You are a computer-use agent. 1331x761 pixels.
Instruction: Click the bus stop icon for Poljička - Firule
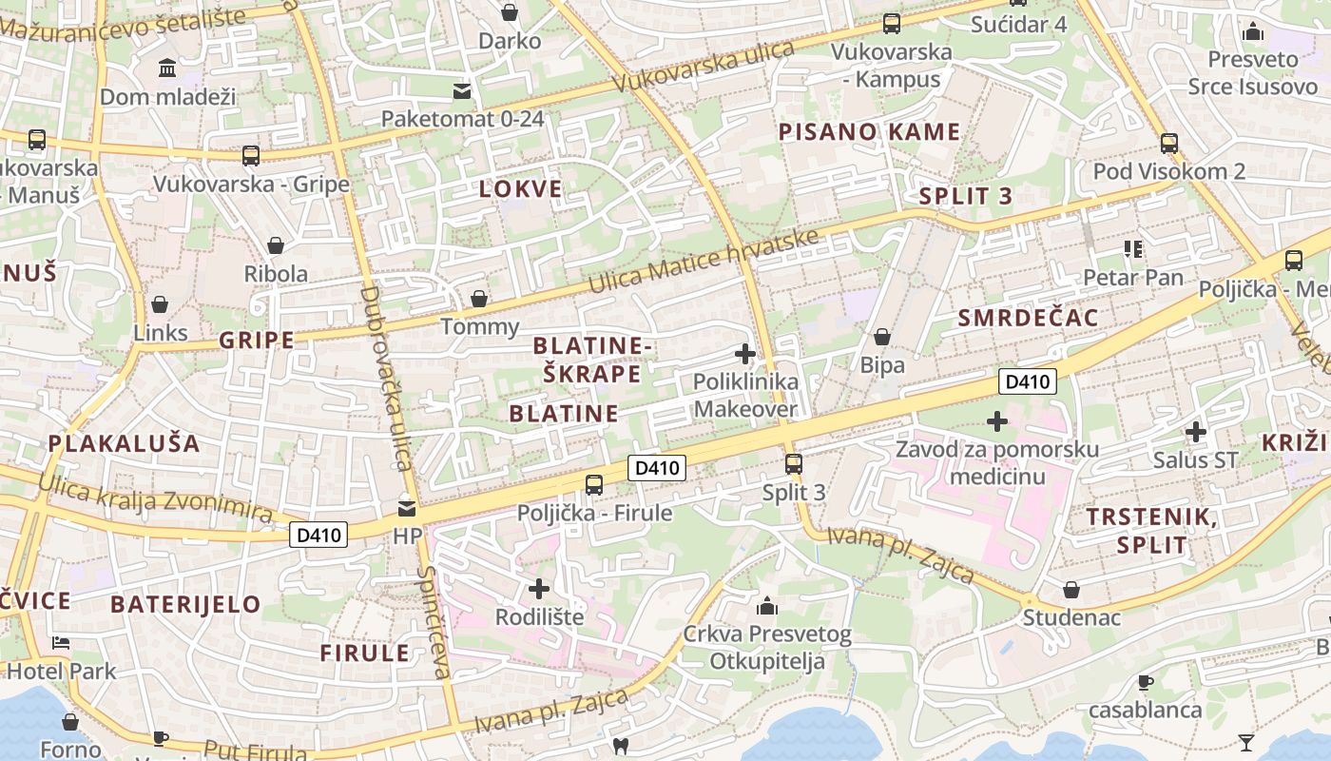[x=594, y=484]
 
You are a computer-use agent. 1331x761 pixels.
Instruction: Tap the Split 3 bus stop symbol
[x=793, y=464]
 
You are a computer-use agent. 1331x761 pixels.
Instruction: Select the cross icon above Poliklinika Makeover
[x=745, y=354]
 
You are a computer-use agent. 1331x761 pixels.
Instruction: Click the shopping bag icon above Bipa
[x=882, y=337]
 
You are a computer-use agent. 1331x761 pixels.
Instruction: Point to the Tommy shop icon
[x=480, y=299]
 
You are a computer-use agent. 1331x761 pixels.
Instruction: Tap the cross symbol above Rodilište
[x=539, y=589]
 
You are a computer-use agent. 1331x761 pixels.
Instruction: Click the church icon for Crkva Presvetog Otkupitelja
[x=767, y=606]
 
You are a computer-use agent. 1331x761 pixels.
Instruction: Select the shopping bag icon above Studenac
[x=1071, y=590]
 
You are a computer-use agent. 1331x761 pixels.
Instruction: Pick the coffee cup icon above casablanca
[x=1146, y=682]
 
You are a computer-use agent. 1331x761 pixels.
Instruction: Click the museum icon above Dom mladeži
[x=168, y=68]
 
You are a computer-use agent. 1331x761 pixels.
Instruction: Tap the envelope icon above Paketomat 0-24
[x=462, y=91]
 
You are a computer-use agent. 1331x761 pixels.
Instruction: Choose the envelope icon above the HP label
[x=407, y=509]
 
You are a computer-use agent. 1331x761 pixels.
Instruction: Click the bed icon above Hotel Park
[x=61, y=643]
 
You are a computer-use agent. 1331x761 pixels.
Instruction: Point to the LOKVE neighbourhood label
[x=521, y=188]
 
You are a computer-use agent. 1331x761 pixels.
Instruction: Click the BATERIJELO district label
[x=185, y=604]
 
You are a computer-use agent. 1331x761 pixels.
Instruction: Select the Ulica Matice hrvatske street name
[x=703, y=262]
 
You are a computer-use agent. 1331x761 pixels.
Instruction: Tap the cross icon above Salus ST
[x=1196, y=432]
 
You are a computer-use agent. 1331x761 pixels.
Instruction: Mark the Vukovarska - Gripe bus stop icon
[x=251, y=156]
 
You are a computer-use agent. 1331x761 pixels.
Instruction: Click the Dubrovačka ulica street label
[x=385, y=378]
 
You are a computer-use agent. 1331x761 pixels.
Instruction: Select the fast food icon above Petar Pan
[x=1133, y=249]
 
